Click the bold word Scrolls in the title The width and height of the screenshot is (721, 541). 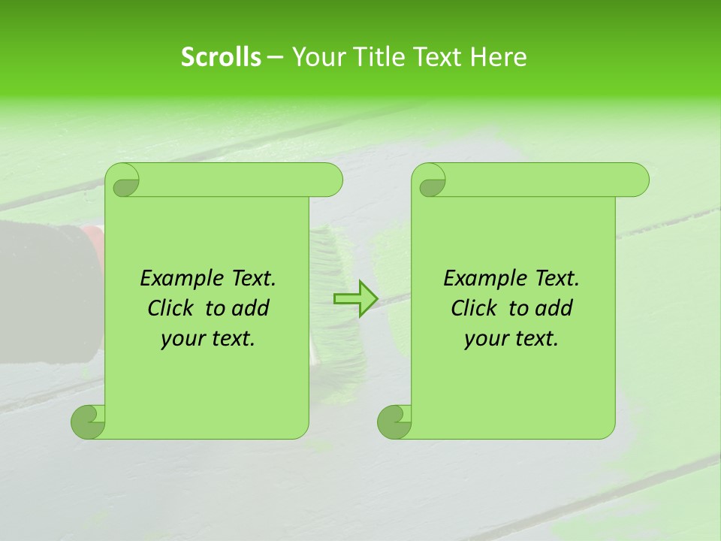click(221, 57)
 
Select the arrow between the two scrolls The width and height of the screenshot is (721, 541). click(355, 299)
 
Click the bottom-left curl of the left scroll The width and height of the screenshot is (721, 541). click(89, 421)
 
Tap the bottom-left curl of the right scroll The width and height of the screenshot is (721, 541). click(394, 421)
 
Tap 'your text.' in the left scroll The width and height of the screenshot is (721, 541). click(208, 338)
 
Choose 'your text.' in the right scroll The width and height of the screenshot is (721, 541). click(511, 338)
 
